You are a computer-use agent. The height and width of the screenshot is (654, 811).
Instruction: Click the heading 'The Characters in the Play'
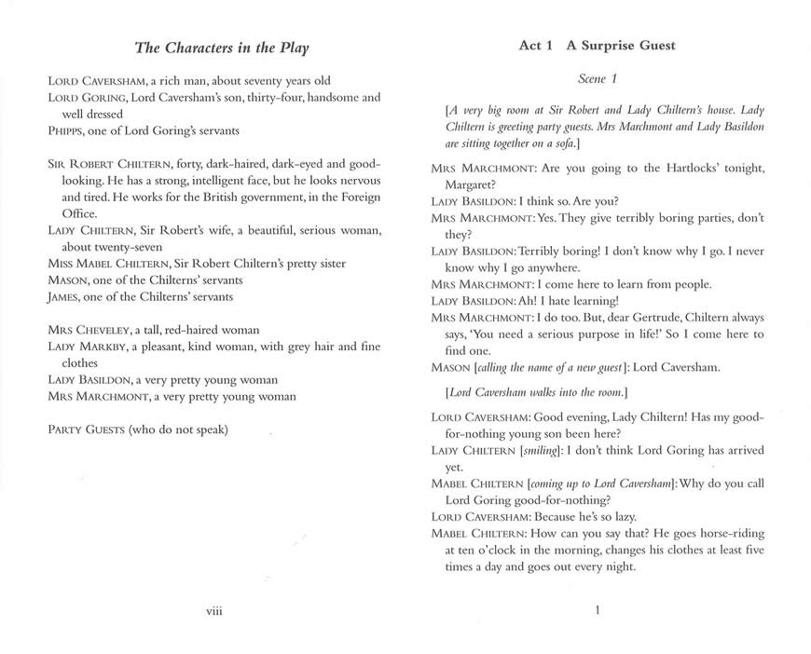(222, 48)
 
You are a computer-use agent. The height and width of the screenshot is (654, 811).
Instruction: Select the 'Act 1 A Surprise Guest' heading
(598, 46)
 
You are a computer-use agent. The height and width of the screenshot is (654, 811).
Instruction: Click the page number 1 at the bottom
(597, 610)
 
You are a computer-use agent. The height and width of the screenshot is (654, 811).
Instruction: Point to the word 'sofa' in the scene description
(562, 144)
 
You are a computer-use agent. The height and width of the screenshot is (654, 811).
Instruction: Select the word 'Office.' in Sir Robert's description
(83, 213)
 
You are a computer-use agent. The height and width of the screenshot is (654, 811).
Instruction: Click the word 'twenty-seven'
(122, 247)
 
